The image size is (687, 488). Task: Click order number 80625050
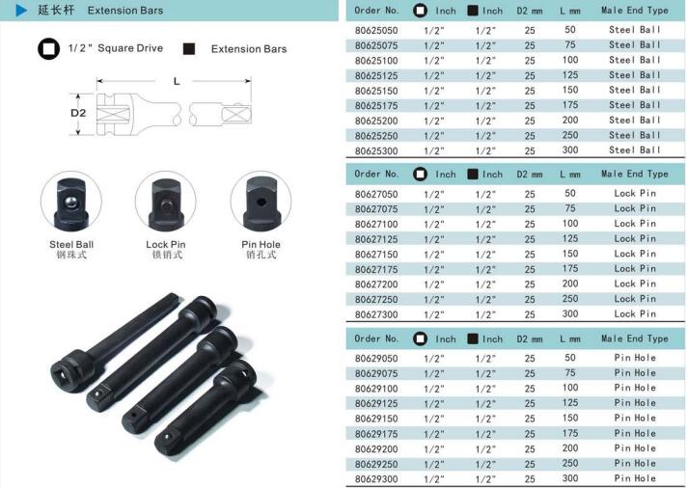point(376,31)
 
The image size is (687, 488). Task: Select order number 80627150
point(376,255)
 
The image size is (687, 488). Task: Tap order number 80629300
point(376,479)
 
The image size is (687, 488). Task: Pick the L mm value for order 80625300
point(570,150)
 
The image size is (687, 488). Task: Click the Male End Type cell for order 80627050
point(635,193)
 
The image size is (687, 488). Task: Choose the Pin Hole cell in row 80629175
point(635,433)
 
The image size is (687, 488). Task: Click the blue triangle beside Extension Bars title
point(21,10)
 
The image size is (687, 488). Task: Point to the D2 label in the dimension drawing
point(78,113)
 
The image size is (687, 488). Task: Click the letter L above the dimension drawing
point(177,81)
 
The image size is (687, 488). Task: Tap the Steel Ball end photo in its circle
point(71,202)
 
